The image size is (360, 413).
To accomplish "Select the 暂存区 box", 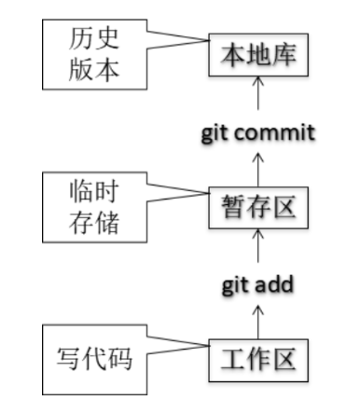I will pos(258,206).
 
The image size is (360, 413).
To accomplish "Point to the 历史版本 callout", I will pos(92,53).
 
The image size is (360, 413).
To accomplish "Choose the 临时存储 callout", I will pos(92,206).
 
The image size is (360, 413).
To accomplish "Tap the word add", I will pos(274,283).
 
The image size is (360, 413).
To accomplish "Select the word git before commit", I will pos(215,131).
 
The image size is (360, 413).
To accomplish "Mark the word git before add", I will pos(234,283).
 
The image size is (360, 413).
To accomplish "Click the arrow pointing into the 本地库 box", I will pos(258,93).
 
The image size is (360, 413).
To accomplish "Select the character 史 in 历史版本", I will pos(106,38).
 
